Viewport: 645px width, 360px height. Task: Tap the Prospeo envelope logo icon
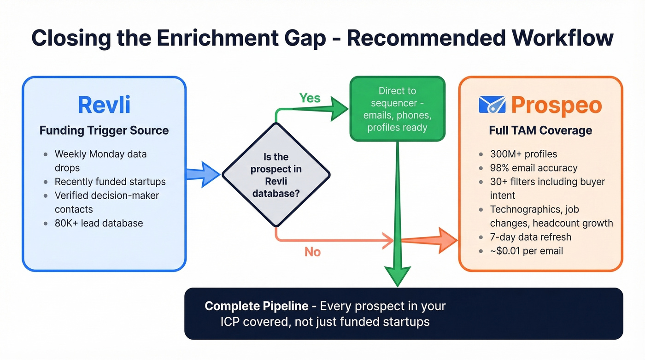point(492,105)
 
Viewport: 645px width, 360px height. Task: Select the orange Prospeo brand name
point(556,105)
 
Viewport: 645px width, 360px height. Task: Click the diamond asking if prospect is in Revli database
point(276,175)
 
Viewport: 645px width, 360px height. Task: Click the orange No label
point(312,252)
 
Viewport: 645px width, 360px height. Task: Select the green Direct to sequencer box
point(397,109)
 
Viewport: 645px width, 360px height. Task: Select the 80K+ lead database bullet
point(99,223)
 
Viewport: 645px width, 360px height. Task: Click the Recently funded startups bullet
point(110,181)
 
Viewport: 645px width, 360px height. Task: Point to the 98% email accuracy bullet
point(534,168)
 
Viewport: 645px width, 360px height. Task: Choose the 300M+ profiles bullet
point(523,154)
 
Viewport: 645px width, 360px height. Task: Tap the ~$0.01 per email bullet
point(526,251)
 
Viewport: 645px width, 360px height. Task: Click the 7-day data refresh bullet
point(530,237)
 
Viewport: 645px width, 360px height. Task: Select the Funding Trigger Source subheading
point(104,130)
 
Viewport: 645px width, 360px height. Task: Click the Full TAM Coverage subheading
point(540,130)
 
